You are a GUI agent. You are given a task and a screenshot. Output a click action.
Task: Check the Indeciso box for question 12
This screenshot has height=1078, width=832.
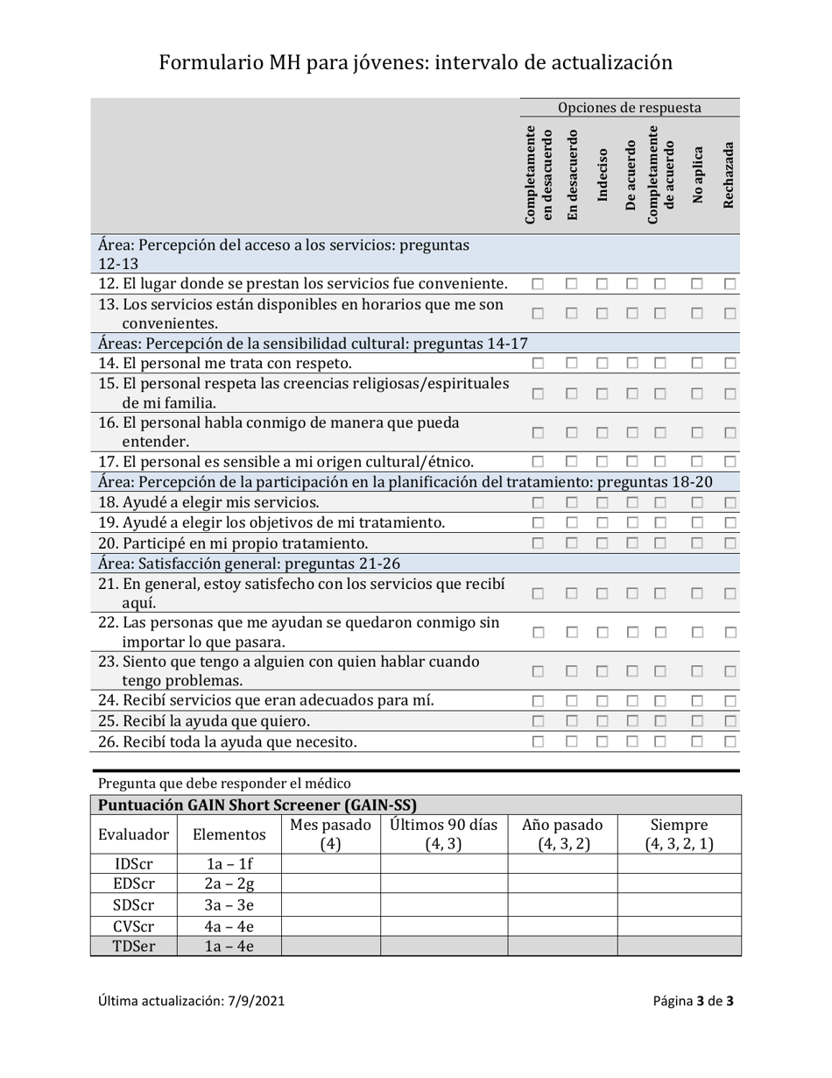pyautogui.click(x=603, y=284)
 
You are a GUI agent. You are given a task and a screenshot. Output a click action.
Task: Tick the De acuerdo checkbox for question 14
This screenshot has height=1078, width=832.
pyautogui.click(x=631, y=363)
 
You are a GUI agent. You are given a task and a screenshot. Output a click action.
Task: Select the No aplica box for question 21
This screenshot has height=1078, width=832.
pyautogui.click(x=697, y=593)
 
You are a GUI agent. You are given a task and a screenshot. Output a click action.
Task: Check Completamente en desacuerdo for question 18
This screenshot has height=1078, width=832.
pyautogui.click(x=539, y=502)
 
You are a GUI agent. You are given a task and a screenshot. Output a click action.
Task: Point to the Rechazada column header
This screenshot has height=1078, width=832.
pyautogui.click(x=729, y=175)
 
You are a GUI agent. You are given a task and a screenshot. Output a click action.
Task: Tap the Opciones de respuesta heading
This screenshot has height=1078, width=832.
pyautogui.click(x=630, y=108)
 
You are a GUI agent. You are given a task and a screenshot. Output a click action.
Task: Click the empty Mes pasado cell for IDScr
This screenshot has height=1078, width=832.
pyautogui.click(x=329, y=863)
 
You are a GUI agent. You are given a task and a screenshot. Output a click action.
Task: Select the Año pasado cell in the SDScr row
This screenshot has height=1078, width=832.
pyautogui.click(x=562, y=904)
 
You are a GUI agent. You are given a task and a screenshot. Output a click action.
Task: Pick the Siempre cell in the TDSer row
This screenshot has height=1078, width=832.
pyautogui.click(x=679, y=946)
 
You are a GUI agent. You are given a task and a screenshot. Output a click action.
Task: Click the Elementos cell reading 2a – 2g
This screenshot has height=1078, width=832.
pyautogui.click(x=228, y=884)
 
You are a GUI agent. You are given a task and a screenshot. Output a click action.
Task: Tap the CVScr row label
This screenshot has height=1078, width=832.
pyautogui.click(x=133, y=926)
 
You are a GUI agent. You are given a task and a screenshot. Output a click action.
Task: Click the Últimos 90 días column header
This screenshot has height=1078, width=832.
pyautogui.click(x=443, y=834)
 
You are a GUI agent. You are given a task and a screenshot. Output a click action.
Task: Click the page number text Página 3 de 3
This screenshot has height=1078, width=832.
pyautogui.click(x=693, y=1001)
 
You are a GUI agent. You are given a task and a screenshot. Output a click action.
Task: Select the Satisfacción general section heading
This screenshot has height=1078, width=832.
pyautogui.click(x=250, y=564)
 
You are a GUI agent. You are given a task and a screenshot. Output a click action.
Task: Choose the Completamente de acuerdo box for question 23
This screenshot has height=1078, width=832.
pyautogui.click(x=660, y=671)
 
